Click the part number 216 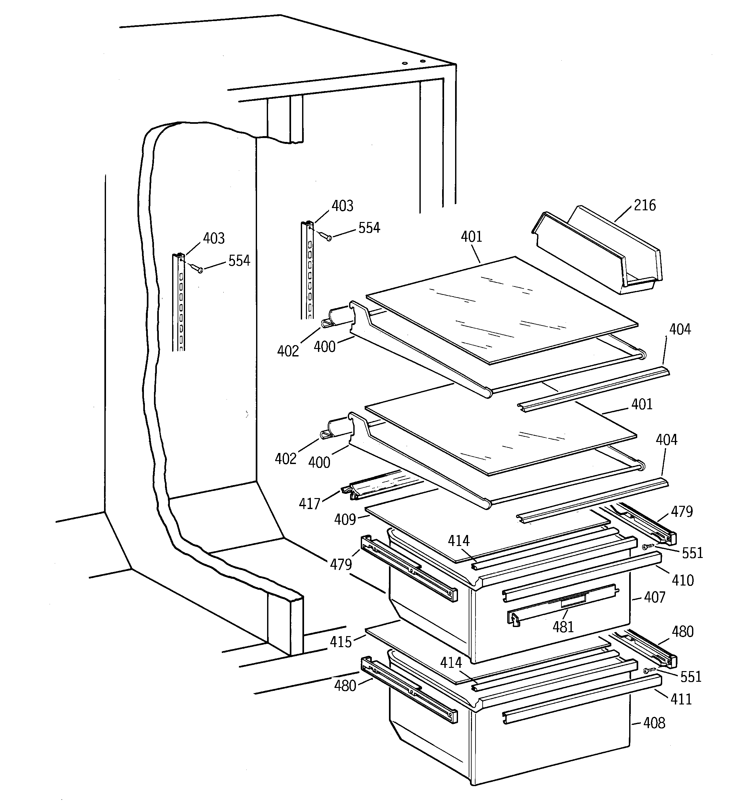pyautogui.click(x=645, y=205)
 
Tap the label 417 pyautogui.click(x=310, y=504)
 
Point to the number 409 pyautogui.click(x=345, y=520)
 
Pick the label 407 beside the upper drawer pyautogui.click(x=654, y=597)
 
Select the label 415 pyautogui.click(x=341, y=642)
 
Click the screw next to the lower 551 pyautogui.click(x=647, y=670)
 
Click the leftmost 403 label pyautogui.click(x=214, y=238)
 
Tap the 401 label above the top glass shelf pyautogui.click(x=472, y=237)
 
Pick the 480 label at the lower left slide pyautogui.click(x=345, y=685)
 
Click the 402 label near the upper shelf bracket pyautogui.click(x=288, y=351)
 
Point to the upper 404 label pyautogui.click(x=680, y=330)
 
